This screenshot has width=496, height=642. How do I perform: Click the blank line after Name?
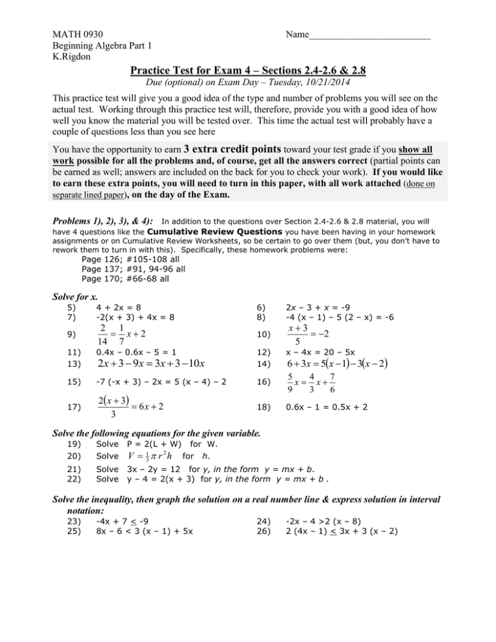[369, 34]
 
